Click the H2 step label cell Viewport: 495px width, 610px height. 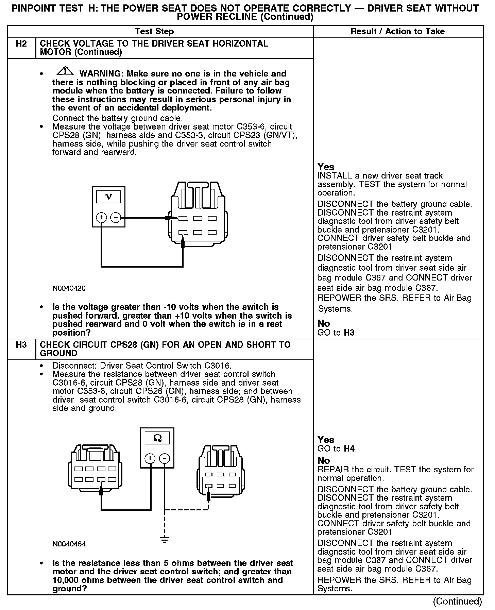point(21,44)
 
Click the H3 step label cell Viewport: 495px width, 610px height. point(21,345)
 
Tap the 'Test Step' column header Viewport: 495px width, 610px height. point(154,32)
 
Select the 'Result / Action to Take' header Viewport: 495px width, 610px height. point(397,32)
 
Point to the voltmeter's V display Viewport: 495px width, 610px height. point(108,197)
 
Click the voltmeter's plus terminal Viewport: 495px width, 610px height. point(101,217)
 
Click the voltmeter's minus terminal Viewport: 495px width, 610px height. point(116,217)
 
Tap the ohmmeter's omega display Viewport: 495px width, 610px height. point(157,438)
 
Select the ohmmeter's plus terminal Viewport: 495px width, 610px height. point(150,458)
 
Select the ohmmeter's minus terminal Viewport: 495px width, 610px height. point(165,458)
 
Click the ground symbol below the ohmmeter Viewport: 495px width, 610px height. point(165,539)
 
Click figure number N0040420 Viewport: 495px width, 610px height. point(69,288)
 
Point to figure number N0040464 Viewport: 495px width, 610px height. point(69,544)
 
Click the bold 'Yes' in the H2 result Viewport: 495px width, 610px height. point(326,167)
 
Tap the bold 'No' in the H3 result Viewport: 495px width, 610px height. point(324,461)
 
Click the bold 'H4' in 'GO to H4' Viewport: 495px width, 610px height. point(349,449)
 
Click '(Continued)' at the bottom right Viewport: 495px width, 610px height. point(457,601)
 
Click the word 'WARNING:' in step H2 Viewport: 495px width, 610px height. point(100,74)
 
